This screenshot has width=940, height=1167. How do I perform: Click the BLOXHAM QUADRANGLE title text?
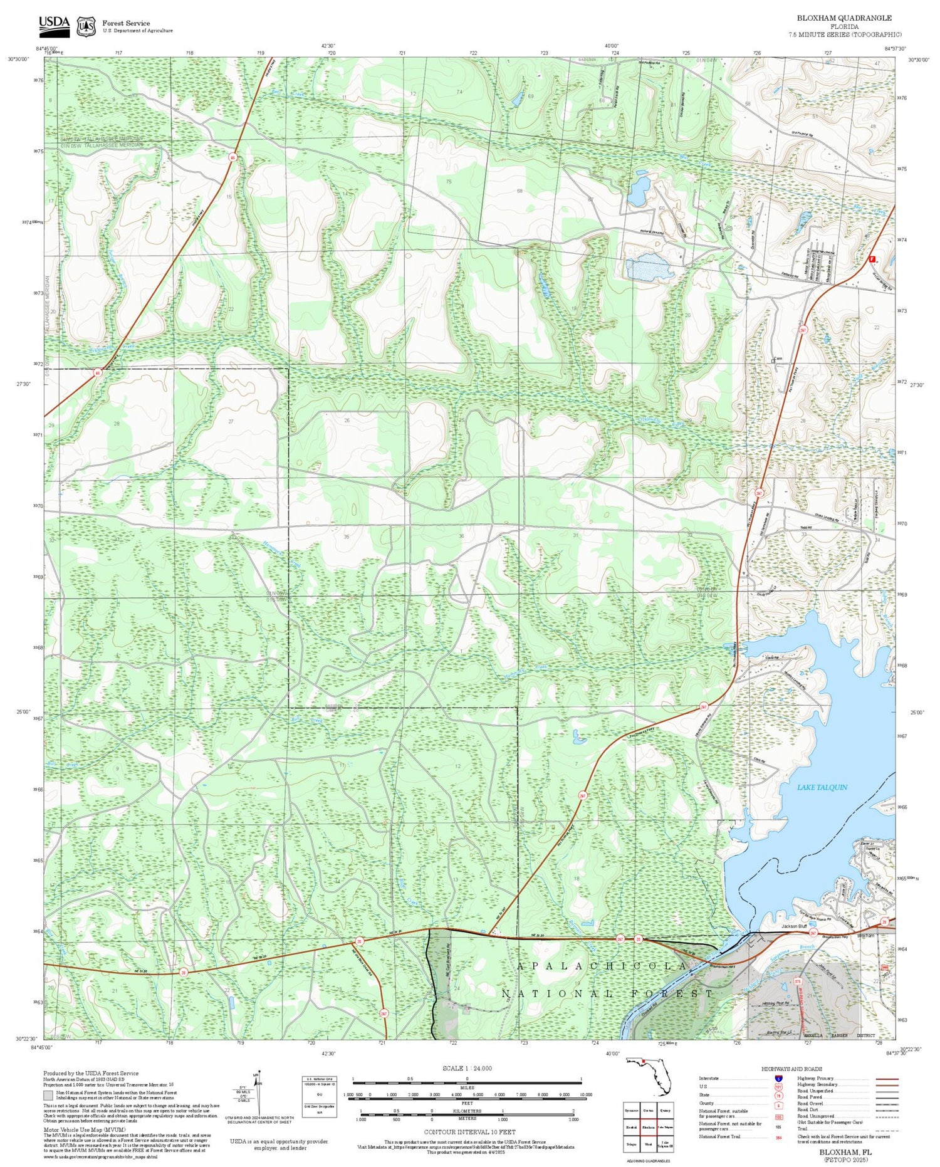pyautogui.click(x=844, y=18)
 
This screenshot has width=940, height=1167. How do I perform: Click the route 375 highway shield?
pyautogui.click(x=798, y=981)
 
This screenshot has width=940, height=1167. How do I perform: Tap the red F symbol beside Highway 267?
pyautogui.click(x=872, y=258)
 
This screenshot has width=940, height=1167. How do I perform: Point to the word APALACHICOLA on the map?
pyautogui.click(x=602, y=967)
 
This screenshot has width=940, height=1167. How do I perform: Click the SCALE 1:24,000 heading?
pyautogui.click(x=467, y=1068)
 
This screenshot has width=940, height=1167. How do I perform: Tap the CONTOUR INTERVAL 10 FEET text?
pyautogui.click(x=469, y=1132)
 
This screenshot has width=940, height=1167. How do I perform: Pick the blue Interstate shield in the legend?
pyautogui.click(x=778, y=1078)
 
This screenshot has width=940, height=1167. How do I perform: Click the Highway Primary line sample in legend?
pyautogui.click(x=883, y=1079)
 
